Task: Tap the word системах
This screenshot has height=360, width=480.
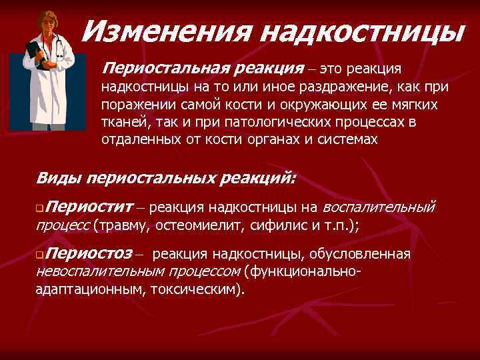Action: (345, 139)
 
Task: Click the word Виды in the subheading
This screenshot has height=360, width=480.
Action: (58, 178)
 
